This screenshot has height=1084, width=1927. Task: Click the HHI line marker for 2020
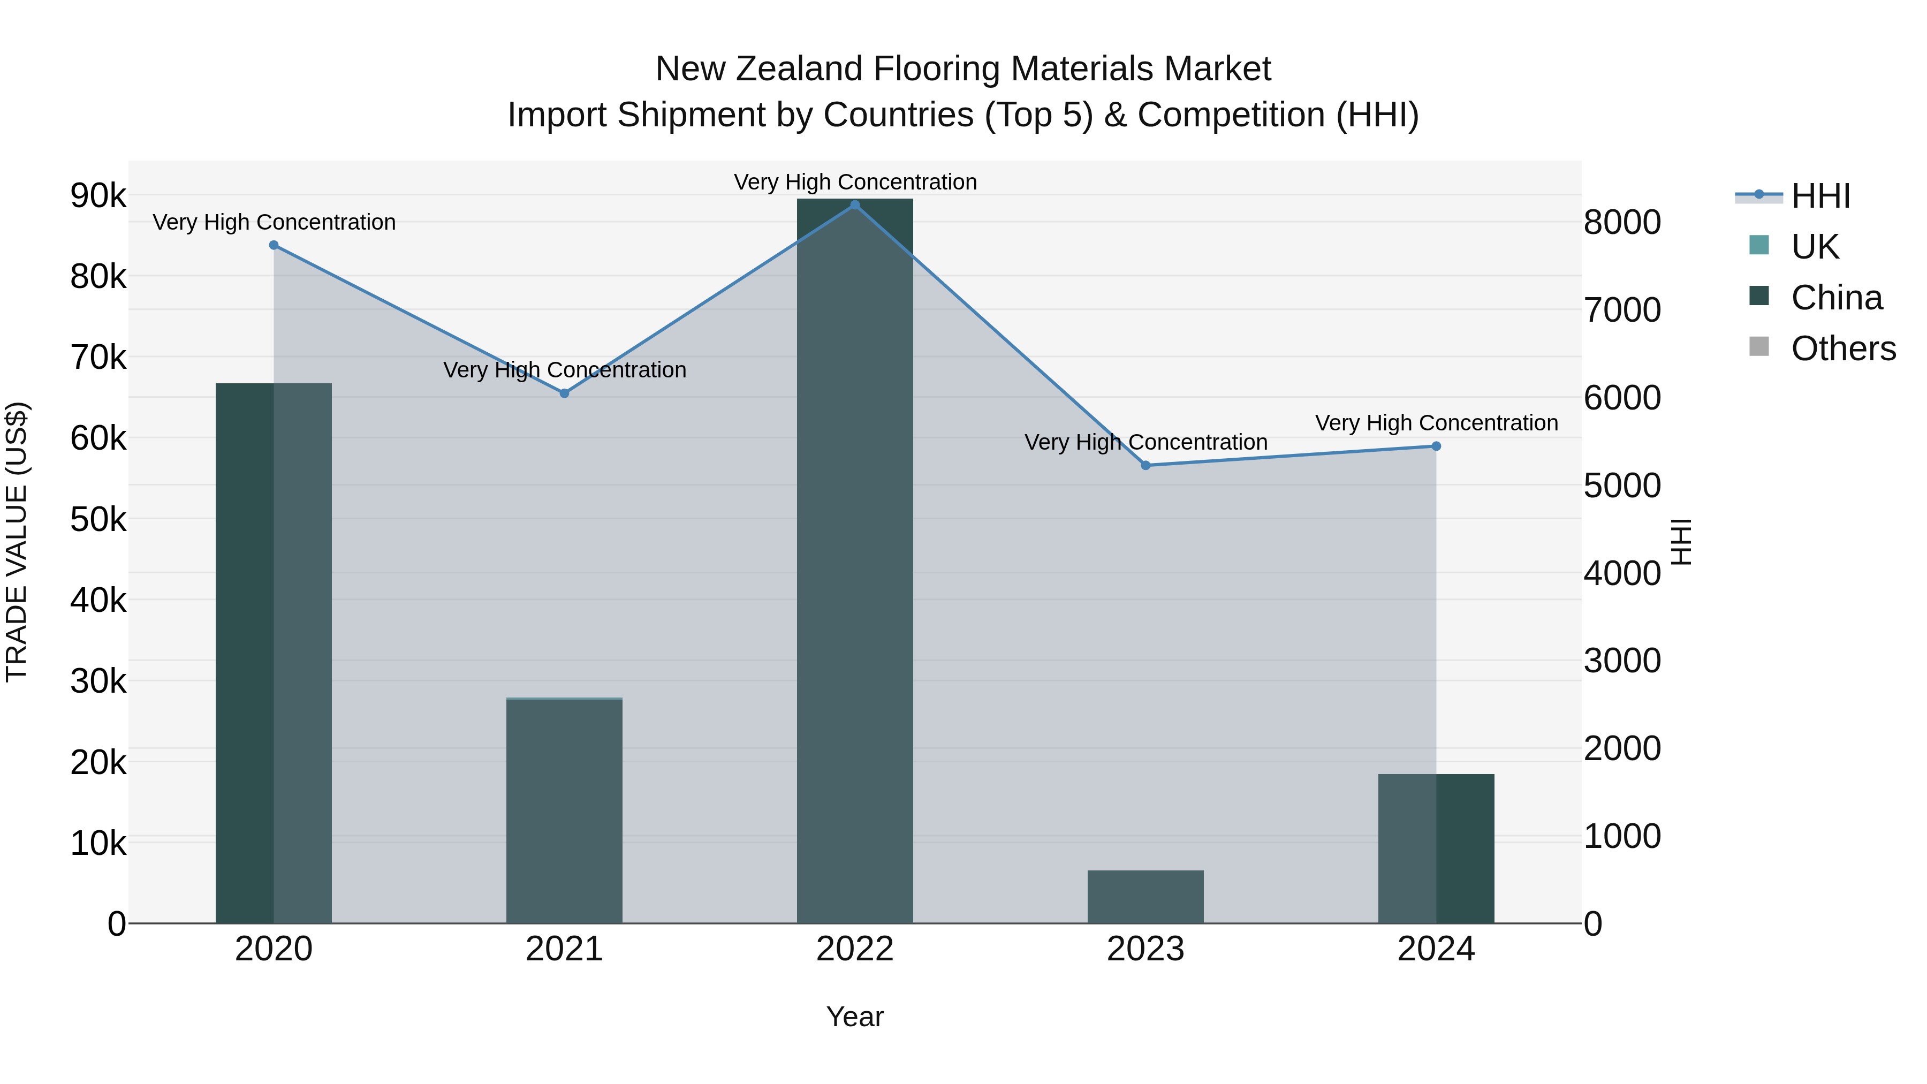click(274, 245)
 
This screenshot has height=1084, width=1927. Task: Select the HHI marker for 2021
click(565, 393)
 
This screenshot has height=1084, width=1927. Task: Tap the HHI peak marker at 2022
click(855, 205)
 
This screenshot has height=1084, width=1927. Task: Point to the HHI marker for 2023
click(1145, 465)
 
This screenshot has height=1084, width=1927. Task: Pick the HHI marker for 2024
click(1436, 446)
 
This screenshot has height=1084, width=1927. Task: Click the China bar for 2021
click(565, 812)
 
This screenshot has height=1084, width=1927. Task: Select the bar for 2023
click(1145, 897)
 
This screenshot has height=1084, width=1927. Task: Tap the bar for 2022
click(855, 561)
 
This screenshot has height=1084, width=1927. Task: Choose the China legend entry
click(1836, 298)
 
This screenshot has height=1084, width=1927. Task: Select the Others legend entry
click(1843, 348)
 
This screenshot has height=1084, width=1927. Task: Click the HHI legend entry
click(1820, 196)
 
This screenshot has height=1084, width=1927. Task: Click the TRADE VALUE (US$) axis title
click(17, 542)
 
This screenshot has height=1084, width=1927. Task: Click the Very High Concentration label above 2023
click(1145, 443)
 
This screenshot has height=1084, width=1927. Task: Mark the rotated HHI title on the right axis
click(1681, 542)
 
